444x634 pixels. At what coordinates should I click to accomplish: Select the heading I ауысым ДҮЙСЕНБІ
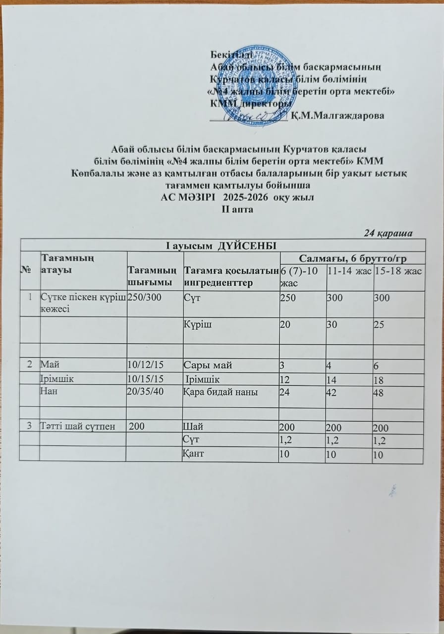pos(222,245)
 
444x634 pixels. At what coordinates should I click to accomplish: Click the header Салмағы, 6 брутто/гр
pos(352,258)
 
